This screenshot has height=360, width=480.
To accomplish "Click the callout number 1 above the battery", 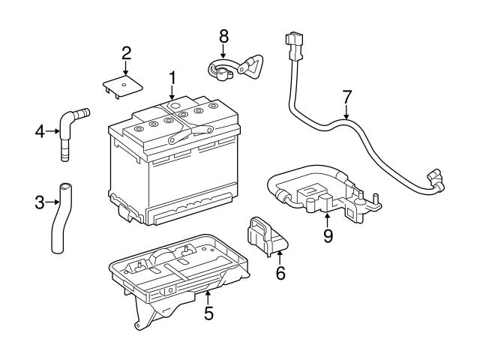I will [x=172, y=77].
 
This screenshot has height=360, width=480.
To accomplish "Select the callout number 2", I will [x=127, y=52].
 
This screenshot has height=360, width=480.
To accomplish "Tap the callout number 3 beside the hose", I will [x=39, y=201].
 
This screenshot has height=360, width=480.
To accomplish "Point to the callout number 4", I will [x=39, y=132].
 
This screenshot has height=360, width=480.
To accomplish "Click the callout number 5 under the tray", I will [x=209, y=313].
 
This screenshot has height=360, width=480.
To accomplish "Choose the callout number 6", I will [x=280, y=273].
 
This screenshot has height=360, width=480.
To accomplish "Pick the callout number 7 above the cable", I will [x=346, y=97].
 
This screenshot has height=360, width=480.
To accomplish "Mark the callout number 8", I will [x=223, y=34].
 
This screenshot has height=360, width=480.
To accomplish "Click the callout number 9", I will [x=328, y=235].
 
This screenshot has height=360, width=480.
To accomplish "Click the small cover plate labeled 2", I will [x=121, y=84].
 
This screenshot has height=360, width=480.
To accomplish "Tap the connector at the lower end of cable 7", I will [x=433, y=180].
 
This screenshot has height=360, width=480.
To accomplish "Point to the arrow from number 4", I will [x=52, y=132].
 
